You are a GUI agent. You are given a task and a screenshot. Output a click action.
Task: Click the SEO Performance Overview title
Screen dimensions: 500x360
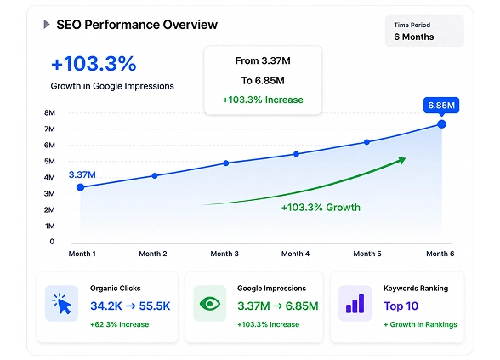point(137,25)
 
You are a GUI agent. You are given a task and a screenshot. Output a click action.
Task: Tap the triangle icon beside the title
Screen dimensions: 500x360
point(47,24)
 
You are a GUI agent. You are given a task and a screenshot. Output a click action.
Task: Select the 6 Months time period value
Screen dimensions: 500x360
point(413,37)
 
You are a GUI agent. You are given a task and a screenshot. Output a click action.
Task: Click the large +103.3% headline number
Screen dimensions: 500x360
point(94,63)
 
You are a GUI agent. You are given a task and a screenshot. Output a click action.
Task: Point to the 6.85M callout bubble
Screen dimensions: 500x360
point(441,106)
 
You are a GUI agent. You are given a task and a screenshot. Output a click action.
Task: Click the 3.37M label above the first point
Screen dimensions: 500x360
point(82,174)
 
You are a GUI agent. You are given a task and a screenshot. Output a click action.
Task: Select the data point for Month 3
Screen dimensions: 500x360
point(226,163)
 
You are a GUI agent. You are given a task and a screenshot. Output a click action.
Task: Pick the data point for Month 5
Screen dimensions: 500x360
point(366,142)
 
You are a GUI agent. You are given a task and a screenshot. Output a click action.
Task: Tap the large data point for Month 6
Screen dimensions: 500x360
point(441,124)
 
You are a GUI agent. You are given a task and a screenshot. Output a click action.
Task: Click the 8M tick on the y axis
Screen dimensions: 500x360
point(49,112)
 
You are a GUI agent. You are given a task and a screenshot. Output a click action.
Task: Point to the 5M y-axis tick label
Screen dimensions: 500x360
point(49,161)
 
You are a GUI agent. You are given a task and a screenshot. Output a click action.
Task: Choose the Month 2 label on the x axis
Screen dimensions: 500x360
point(153,254)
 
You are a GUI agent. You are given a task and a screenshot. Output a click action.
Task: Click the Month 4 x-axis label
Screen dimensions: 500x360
point(295,254)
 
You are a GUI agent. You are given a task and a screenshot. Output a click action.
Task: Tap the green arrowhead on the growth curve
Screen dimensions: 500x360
point(401,160)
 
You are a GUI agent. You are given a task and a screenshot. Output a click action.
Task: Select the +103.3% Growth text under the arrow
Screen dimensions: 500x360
point(321,208)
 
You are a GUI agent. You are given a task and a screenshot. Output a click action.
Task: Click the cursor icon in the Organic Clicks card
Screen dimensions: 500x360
point(62,304)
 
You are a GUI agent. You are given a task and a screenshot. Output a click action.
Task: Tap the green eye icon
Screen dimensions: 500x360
point(210,304)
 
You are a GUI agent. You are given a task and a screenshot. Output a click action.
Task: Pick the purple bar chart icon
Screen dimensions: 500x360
point(355,304)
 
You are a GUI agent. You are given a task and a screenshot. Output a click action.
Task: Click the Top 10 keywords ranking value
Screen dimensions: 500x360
point(401,306)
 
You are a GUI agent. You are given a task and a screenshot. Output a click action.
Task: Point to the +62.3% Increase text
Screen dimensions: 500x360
point(120,324)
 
